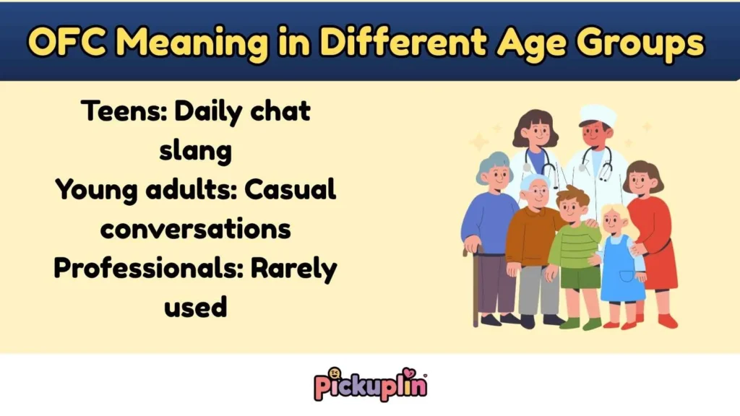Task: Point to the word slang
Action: tap(196, 151)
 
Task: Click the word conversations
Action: tap(196, 230)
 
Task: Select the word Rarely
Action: tap(294, 269)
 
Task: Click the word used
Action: tap(196, 308)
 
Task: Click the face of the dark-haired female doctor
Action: tap(535, 134)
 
